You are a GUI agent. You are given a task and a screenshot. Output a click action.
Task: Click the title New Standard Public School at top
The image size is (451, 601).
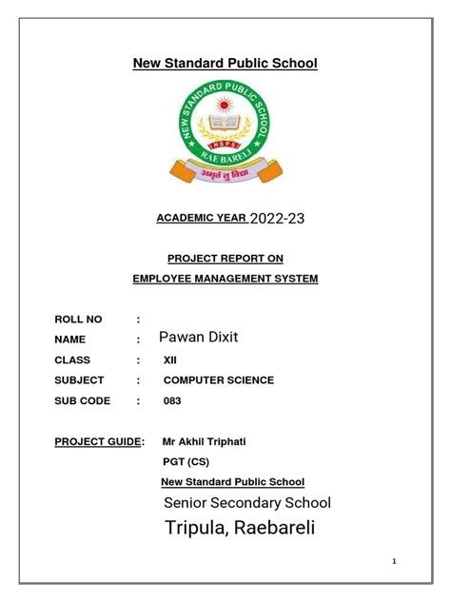click(225, 64)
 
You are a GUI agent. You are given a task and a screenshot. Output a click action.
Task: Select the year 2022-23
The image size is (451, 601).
click(277, 219)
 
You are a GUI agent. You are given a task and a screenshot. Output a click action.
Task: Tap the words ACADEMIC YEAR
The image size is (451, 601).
click(200, 219)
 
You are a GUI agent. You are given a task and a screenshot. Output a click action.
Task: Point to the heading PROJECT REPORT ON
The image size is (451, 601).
click(225, 258)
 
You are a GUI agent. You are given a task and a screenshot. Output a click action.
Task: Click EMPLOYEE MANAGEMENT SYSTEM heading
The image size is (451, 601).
click(225, 279)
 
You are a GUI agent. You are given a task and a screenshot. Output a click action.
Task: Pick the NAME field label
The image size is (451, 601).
click(71, 339)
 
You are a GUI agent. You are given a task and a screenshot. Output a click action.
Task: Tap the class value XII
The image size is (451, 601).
click(170, 360)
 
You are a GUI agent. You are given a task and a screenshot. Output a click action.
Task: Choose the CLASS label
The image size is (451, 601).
click(73, 360)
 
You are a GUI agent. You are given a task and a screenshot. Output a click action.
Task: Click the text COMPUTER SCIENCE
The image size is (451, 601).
click(219, 380)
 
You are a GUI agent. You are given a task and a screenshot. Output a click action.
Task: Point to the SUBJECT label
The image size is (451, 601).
click(79, 380)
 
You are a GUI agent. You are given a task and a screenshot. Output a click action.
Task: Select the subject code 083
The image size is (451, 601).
click(172, 401)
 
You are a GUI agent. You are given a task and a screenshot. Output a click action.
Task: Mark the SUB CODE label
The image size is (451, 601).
click(83, 401)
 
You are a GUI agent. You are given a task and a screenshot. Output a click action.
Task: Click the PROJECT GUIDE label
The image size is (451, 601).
click(99, 442)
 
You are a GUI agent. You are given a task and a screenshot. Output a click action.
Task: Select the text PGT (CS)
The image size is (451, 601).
click(186, 462)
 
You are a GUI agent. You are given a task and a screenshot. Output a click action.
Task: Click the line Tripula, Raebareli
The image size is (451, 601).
click(239, 528)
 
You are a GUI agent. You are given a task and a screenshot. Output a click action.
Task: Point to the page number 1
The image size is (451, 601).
click(394, 562)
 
